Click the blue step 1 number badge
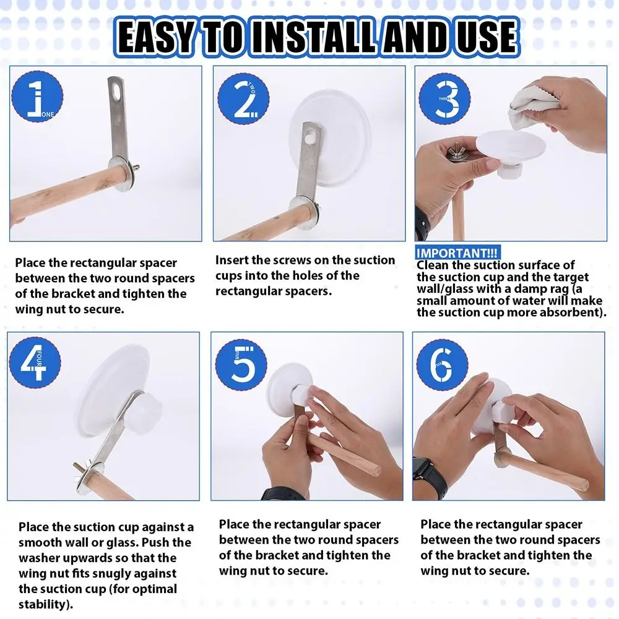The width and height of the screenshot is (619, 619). coord(37,97)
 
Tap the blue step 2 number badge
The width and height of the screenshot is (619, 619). coord(243,98)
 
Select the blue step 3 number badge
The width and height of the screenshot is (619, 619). coord(444,98)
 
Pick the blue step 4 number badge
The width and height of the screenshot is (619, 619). coord(35,363)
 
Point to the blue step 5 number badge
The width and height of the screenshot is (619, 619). coord(241,363)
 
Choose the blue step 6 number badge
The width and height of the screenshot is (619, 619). coord(442,365)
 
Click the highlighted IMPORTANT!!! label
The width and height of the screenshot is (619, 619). coord(457,253)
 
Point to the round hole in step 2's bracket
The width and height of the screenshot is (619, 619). coord(312,139)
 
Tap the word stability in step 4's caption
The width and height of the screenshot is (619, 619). coord(42,604)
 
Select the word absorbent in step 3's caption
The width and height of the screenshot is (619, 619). coord(571,312)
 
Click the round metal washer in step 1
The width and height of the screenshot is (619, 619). coord(119,173)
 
